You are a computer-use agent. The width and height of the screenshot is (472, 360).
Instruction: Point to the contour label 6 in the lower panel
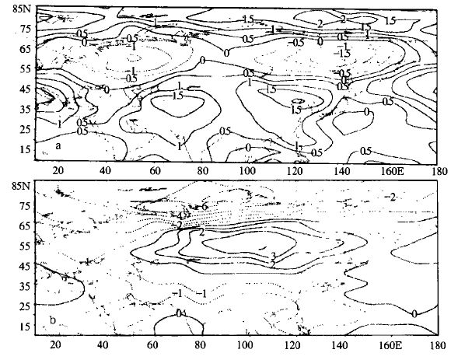point(205,207)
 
